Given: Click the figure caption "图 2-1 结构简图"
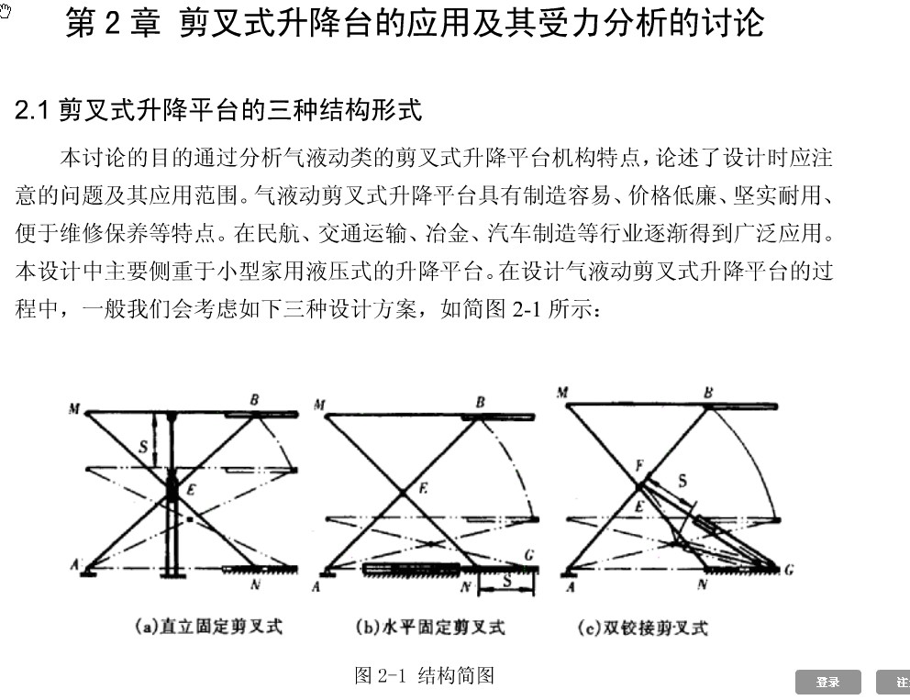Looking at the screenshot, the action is [425, 676].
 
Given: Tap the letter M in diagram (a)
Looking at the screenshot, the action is [73, 409].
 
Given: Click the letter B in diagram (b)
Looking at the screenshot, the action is [479, 402].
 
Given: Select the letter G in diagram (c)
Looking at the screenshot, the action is [788, 570].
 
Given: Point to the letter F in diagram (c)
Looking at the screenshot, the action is [639, 466].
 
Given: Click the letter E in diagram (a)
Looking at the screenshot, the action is [191, 492].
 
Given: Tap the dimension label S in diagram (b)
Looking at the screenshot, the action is [507, 581].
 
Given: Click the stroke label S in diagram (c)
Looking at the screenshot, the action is [682, 480].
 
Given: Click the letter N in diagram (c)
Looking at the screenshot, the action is [702, 584].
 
